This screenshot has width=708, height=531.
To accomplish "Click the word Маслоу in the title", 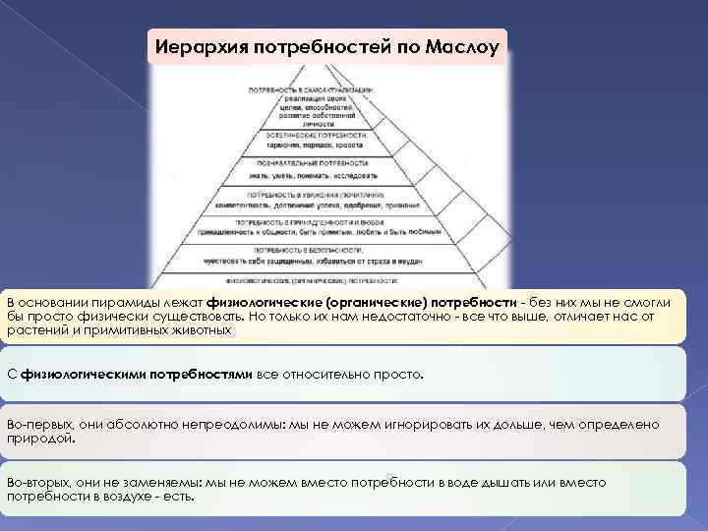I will [463, 45].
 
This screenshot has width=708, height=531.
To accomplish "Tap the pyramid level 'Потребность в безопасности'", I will [313, 258].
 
